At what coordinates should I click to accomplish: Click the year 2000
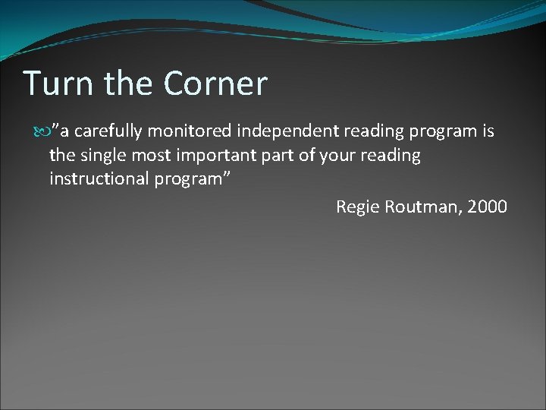click(x=488, y=207)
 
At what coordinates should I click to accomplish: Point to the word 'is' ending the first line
click(x=488, y=131)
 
